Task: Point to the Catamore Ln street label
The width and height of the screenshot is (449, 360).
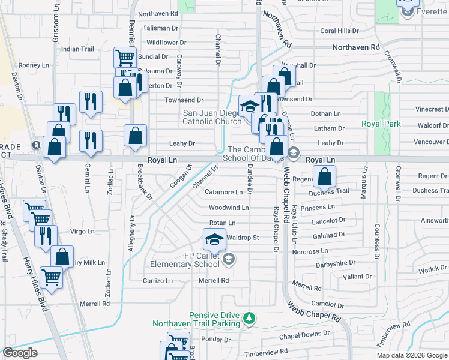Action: click(224, 193)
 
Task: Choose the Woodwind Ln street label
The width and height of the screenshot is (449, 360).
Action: click(228, 208)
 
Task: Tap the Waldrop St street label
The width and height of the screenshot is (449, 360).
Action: click(243, 238)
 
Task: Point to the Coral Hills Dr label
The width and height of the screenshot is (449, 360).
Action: click(339, 31)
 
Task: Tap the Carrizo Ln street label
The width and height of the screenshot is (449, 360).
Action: click(157, 280)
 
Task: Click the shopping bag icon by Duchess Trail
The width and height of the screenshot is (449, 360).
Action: click(324, 176)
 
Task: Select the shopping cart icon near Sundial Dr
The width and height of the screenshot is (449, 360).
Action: click(124, 58)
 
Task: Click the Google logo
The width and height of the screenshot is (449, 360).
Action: click(20, 352)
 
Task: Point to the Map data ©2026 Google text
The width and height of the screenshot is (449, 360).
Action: click(412, 355)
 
